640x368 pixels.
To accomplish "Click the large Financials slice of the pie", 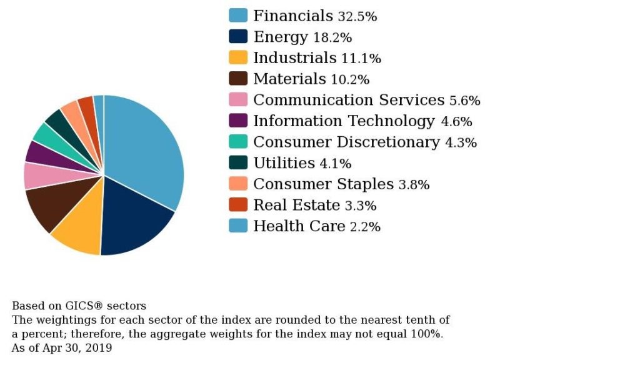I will tap(144, 150).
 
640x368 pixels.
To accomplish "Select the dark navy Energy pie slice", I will tap(134, 216).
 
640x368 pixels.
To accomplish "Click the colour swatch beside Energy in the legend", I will tap(238, 37).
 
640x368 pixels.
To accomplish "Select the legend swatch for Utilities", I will tap(238, 163).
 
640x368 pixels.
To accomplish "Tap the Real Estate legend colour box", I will tap(238, 205).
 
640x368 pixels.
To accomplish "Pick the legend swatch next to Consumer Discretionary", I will tap(238, 142).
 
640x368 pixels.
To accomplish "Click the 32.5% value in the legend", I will tap(357, 17).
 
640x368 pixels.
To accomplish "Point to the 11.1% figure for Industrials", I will tap(361, 59).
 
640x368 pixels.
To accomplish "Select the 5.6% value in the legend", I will tap(464, 101).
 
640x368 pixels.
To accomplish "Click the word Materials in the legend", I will tap(289, 79).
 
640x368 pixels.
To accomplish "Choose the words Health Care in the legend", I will tap(299, 226).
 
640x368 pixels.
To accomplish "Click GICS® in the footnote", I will tap(84, 306).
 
